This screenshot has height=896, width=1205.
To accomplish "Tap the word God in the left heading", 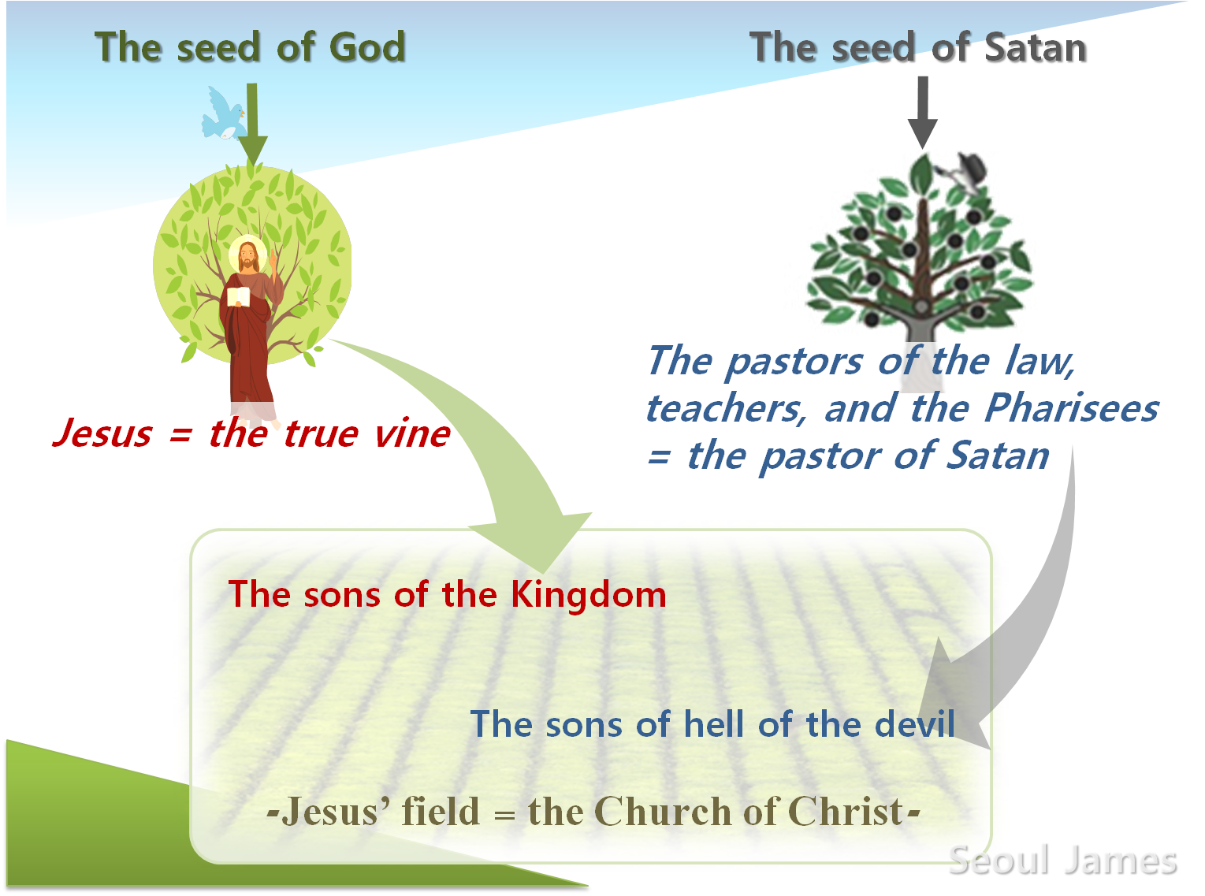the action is [x=367, y=47].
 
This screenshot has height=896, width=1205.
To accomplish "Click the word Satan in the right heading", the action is [x=1035, y=47].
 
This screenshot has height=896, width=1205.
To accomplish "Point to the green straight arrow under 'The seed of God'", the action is [x=252, y=125].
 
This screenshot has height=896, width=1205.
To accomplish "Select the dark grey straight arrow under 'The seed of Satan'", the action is [x=922, y=112].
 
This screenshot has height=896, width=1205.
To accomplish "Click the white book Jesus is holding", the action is [x=238, y=296].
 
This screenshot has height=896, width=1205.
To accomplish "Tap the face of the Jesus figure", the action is [x=247, y=255].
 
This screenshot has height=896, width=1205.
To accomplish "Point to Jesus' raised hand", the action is [x=273, y=259].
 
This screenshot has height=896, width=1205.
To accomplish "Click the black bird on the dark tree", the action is [x=965, y=172].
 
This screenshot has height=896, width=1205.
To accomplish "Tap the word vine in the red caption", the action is [x=412, y=434].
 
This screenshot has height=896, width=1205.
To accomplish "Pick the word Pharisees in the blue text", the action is [x=1071, y=407].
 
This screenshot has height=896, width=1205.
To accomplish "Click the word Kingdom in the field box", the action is [x=589, y=595].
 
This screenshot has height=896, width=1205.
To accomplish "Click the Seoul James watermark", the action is [x=1062, y=861].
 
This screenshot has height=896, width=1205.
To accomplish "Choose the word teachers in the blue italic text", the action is [x=726, y=409].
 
